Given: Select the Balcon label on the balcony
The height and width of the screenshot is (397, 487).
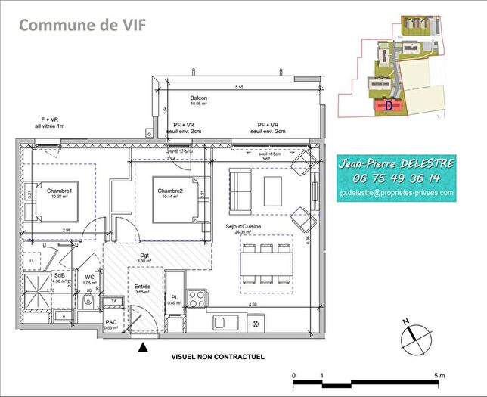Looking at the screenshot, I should pyautogui.click(x=199, y=99).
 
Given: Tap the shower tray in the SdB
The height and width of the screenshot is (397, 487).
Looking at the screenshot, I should pyautogui.click(x=36, y=287).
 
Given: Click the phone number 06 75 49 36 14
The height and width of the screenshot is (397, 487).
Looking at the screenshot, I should pyautogui.click(x=396, y=178).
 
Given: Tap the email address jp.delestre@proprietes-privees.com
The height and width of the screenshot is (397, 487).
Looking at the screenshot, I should pyautogui.click(x=396, y=193).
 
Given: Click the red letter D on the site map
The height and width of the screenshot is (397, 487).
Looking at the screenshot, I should pyautogui.click(x=389, y=105).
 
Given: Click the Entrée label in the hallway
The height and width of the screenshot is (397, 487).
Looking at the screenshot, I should pyautogui.click(x=142, y=287).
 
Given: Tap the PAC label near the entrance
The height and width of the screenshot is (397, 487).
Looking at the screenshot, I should pyautogui.click(x=110, y=321).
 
